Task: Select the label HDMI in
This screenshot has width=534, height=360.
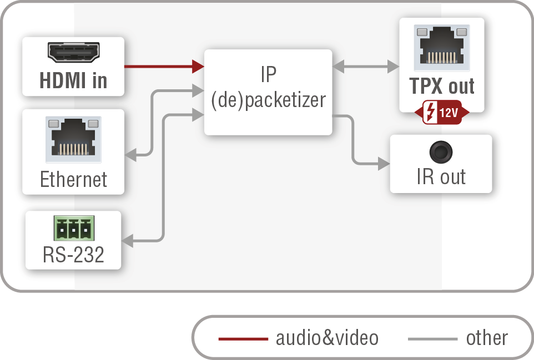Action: coord(73,81)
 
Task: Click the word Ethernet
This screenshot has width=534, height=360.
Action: coord(73,179)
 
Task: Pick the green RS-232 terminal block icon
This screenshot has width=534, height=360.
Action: coord(73,228)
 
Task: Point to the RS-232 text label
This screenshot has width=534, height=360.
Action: coord(73,255)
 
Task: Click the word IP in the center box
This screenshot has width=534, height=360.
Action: coord(268,74)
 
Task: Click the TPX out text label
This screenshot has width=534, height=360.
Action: coord(441,86)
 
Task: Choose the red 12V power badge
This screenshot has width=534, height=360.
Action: coord(442,113)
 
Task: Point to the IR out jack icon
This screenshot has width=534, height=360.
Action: coord(441,151)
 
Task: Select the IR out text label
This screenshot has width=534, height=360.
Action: coord(441,177)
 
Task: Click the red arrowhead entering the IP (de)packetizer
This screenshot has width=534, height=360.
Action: coord(198,67)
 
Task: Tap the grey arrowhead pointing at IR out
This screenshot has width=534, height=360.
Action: coord(384,164)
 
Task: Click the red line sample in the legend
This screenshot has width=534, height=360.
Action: coord(243,338)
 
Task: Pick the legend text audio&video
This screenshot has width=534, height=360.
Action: coord(327,338)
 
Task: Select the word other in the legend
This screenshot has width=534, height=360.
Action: coord(487,338)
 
